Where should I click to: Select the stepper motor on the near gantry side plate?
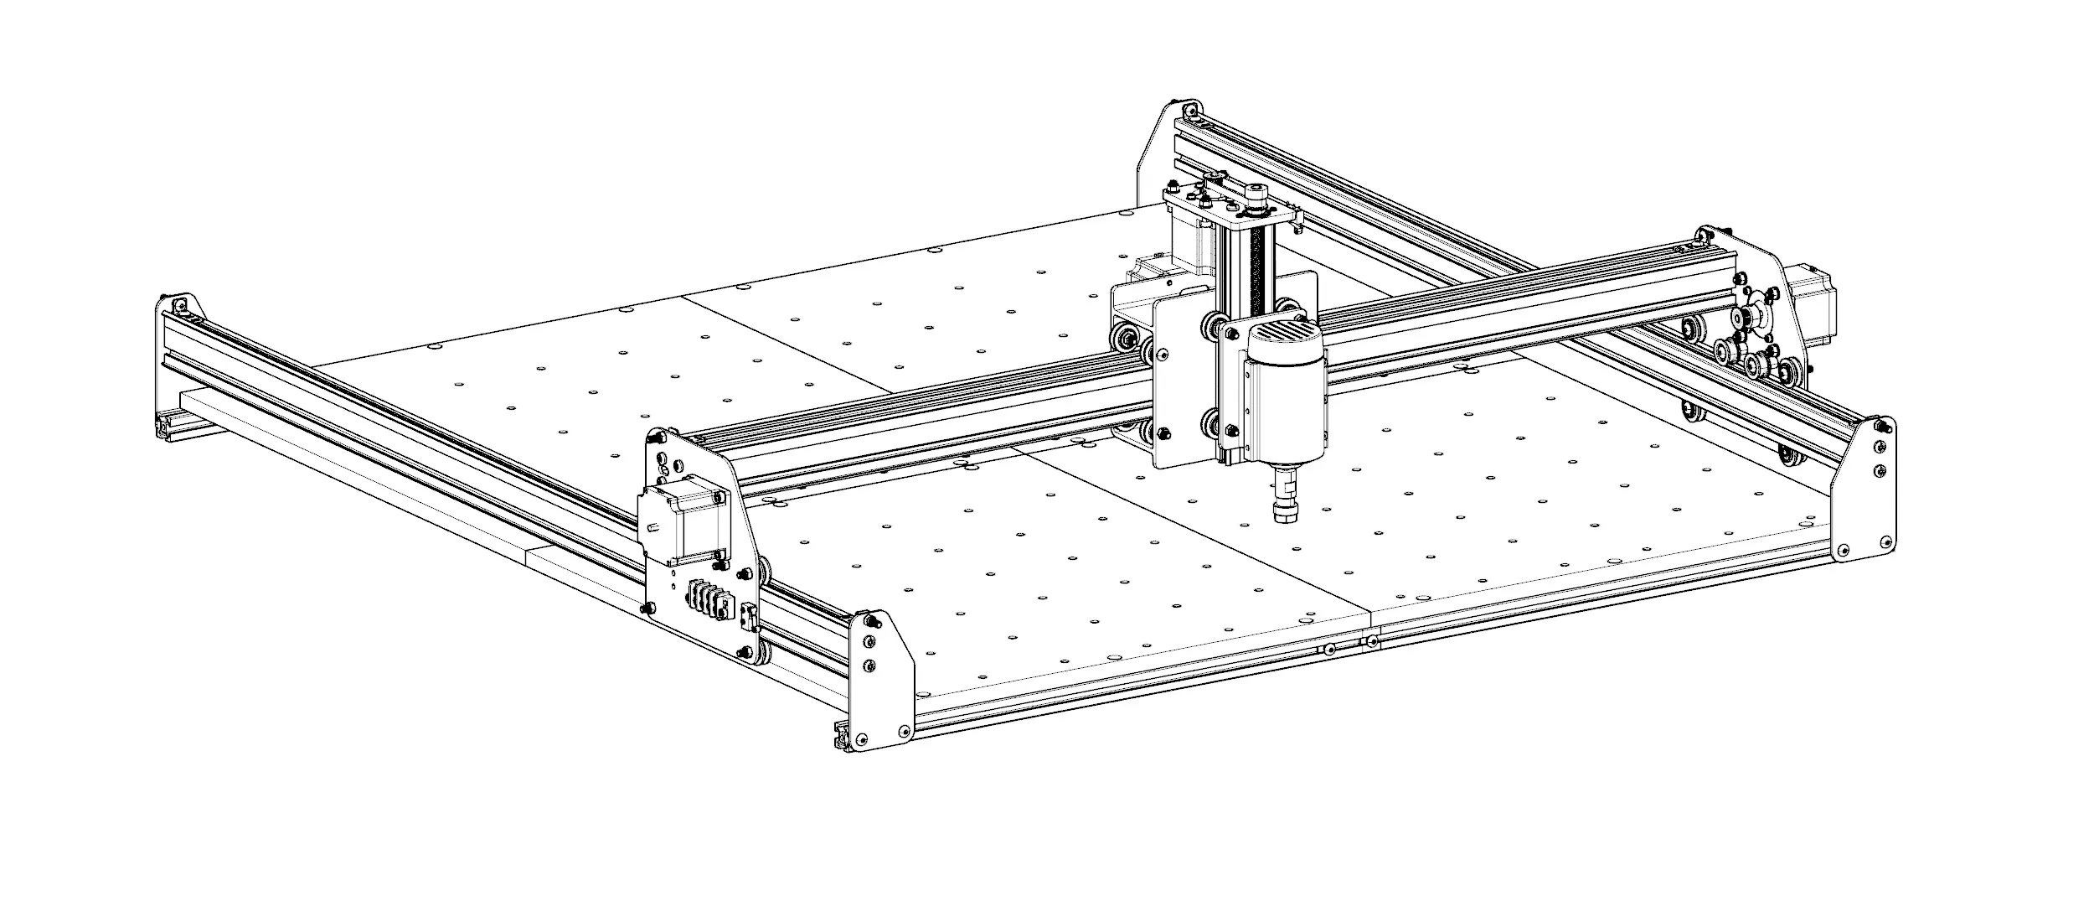pyautogui.click(x=683, y=524)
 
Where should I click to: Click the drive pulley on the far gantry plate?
pyautogui.click(x=1749, y=318)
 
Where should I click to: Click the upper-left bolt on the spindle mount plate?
pyautogui.click(x=1230, y=334)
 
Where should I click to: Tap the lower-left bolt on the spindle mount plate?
pyautogui.click(x=1230, y=431)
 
